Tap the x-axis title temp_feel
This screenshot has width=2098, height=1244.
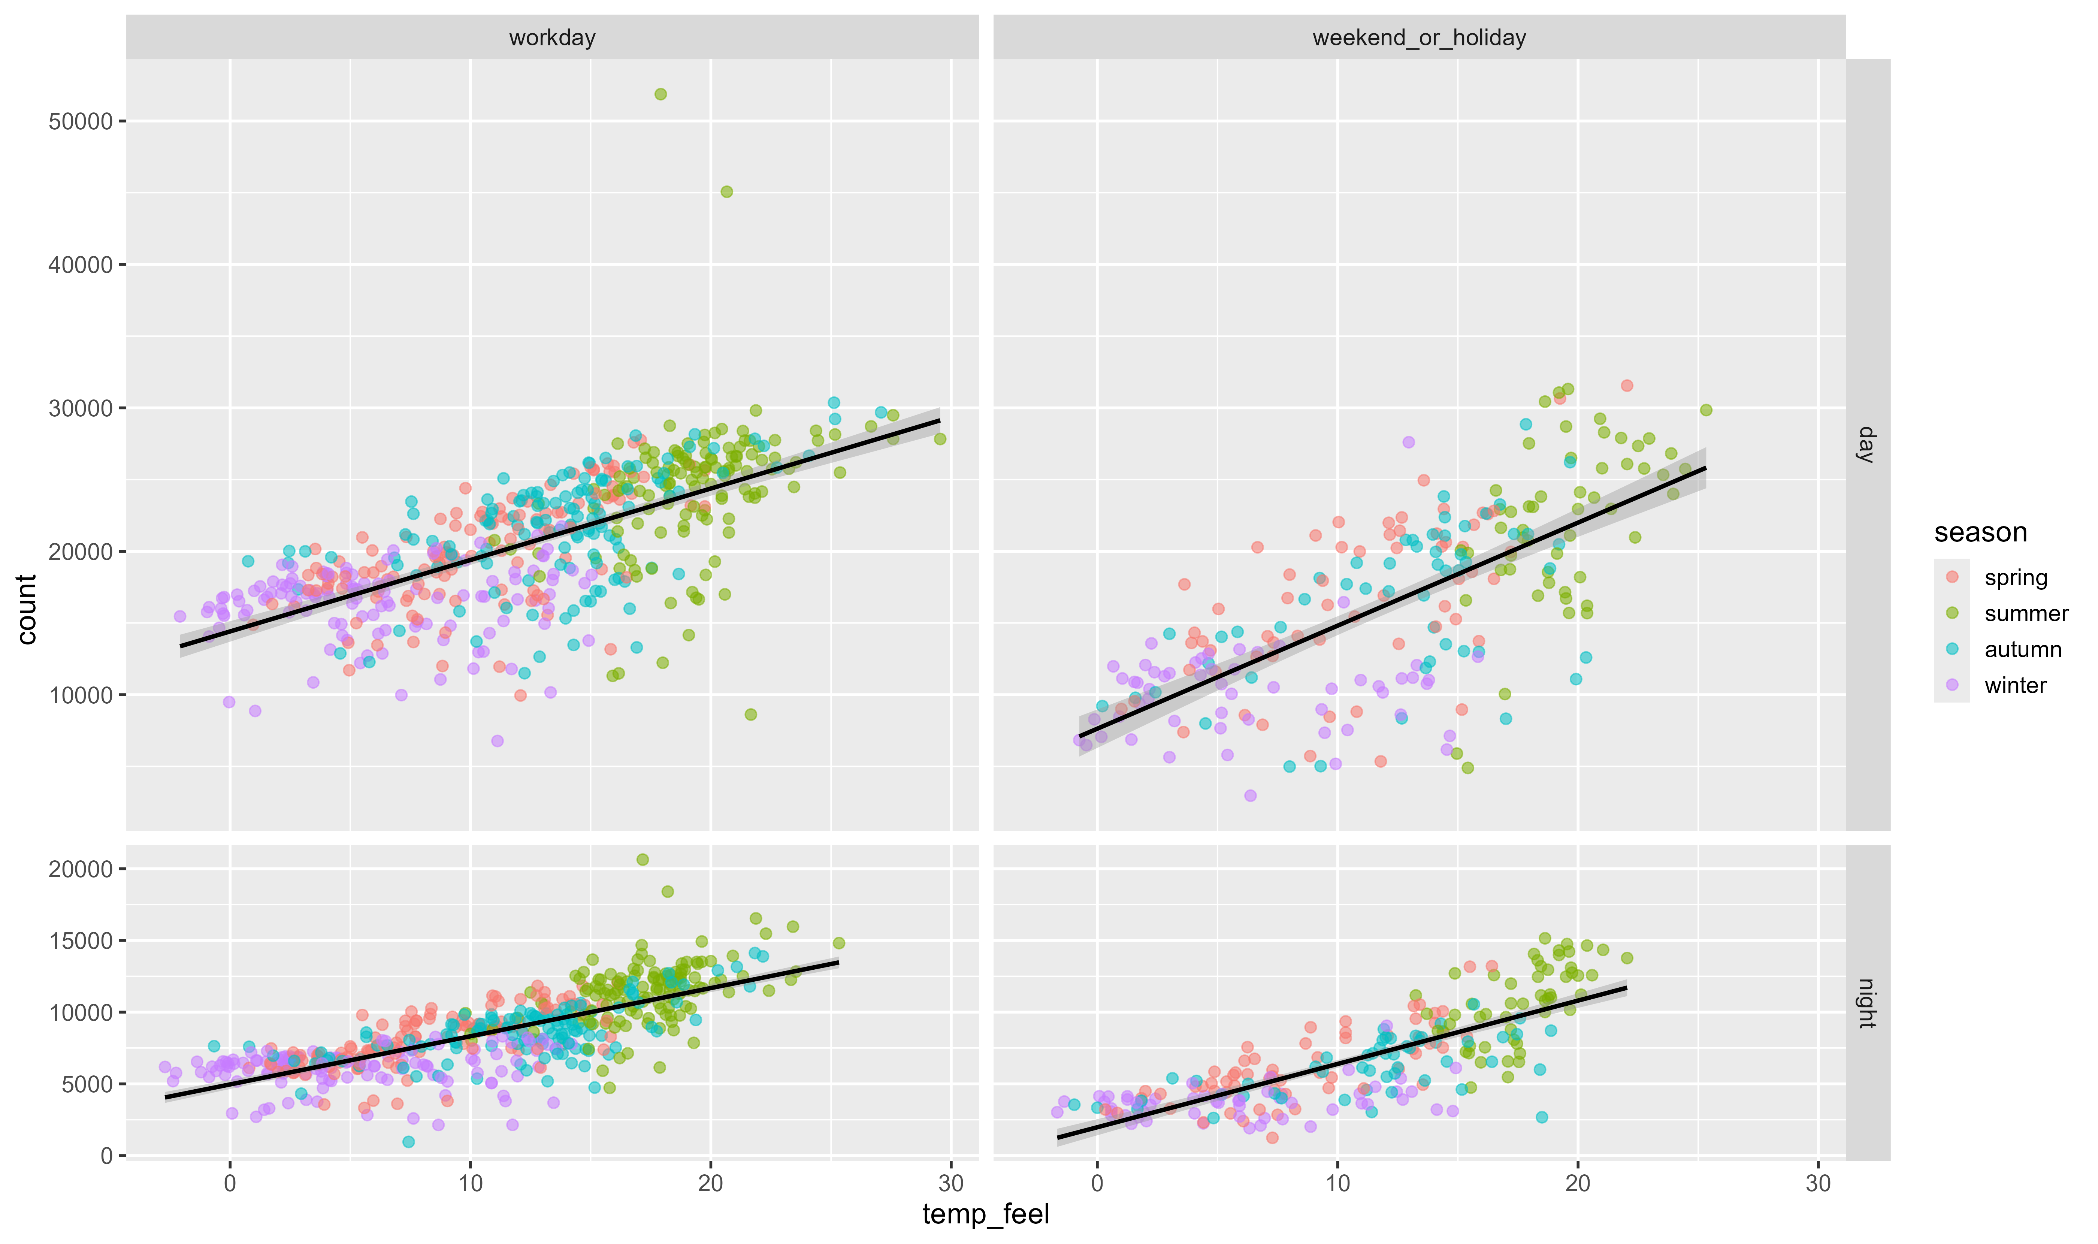click(x=986, y=1214)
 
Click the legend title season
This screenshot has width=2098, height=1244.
click(x=1980, y=532)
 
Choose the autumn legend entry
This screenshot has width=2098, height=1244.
click(x=2022, y=650)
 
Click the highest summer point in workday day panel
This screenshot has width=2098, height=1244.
click(x=660, y=94)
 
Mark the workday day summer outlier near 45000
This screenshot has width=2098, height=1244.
click(x=727, y=192)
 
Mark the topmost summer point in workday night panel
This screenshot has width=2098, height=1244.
click(x=643, y=859)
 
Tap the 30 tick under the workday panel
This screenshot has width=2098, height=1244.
click(x=950, y=1184)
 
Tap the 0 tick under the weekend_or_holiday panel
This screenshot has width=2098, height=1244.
click(x=1097, y=1184)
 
